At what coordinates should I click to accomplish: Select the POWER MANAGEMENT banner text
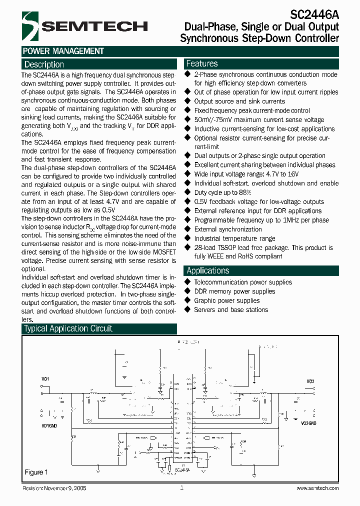(63, 51)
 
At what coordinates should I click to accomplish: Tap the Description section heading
(44, 64)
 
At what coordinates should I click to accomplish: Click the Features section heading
(202, 63)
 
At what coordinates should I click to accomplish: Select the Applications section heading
(207, 270)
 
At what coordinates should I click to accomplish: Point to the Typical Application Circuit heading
(68, 328)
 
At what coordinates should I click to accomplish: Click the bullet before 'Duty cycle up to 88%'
(188, 192)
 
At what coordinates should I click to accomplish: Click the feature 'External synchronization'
(228, 229)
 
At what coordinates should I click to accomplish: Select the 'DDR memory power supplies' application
(234, 291)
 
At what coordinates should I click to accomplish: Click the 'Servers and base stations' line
(231, 309)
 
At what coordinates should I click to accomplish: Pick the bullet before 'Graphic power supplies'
(188, 300)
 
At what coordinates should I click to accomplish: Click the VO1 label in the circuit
(45, 380)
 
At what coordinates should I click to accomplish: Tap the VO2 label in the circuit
(310, 381)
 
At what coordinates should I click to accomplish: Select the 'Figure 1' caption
(36, 472)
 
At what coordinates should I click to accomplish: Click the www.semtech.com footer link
(317, 488)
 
